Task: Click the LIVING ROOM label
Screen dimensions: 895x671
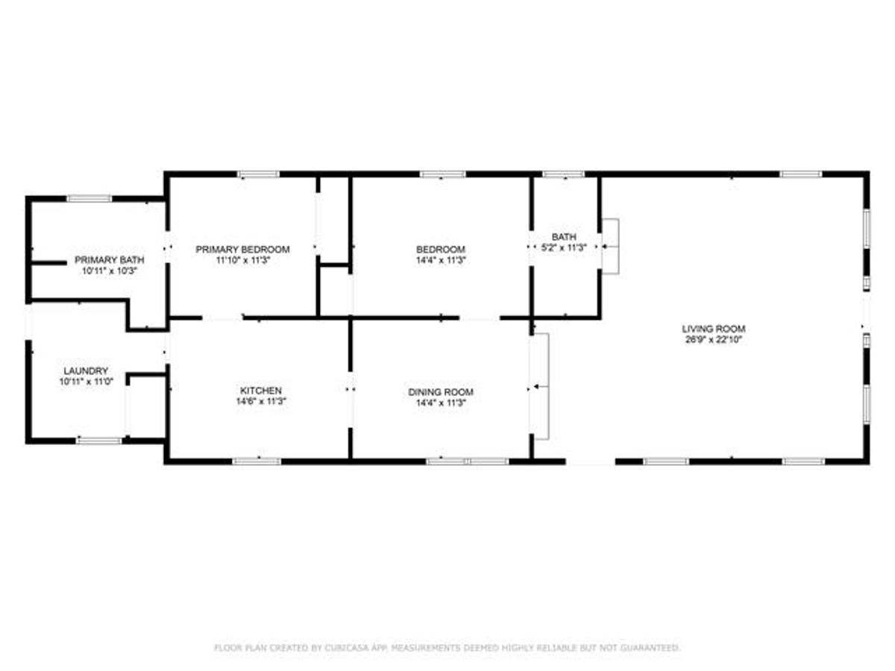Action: tap(714, 329)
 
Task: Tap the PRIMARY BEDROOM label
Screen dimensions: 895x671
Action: tap(242, 249)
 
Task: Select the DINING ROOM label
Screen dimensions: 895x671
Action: tap(441, 392)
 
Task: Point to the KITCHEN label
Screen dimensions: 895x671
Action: tap(261, 390)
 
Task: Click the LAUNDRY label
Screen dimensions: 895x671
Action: tap(86, 371)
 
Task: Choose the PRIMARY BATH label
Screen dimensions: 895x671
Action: tap(110, 260)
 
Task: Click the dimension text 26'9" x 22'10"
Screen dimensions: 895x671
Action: tap(714, 340)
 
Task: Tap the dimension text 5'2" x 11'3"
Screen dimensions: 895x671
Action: tap(564, 248)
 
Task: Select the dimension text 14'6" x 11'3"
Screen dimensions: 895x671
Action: tap(261, 401)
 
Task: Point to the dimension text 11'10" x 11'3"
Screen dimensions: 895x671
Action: tap(243, 260)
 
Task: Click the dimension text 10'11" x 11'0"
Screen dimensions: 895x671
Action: tap(86, 382)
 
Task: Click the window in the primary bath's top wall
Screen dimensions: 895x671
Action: tap(89, 199)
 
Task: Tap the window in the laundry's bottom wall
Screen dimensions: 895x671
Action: tap(98, 441)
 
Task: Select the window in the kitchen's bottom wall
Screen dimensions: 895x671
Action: tap(257, 461)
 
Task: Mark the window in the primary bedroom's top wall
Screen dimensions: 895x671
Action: tap(259, 174)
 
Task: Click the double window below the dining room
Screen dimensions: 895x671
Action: tap(468, 461)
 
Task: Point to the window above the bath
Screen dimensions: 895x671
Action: tap(564, 174)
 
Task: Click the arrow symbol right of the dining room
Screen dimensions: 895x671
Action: tap(541, 386)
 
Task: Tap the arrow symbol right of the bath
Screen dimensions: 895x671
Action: tap(610, 247)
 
